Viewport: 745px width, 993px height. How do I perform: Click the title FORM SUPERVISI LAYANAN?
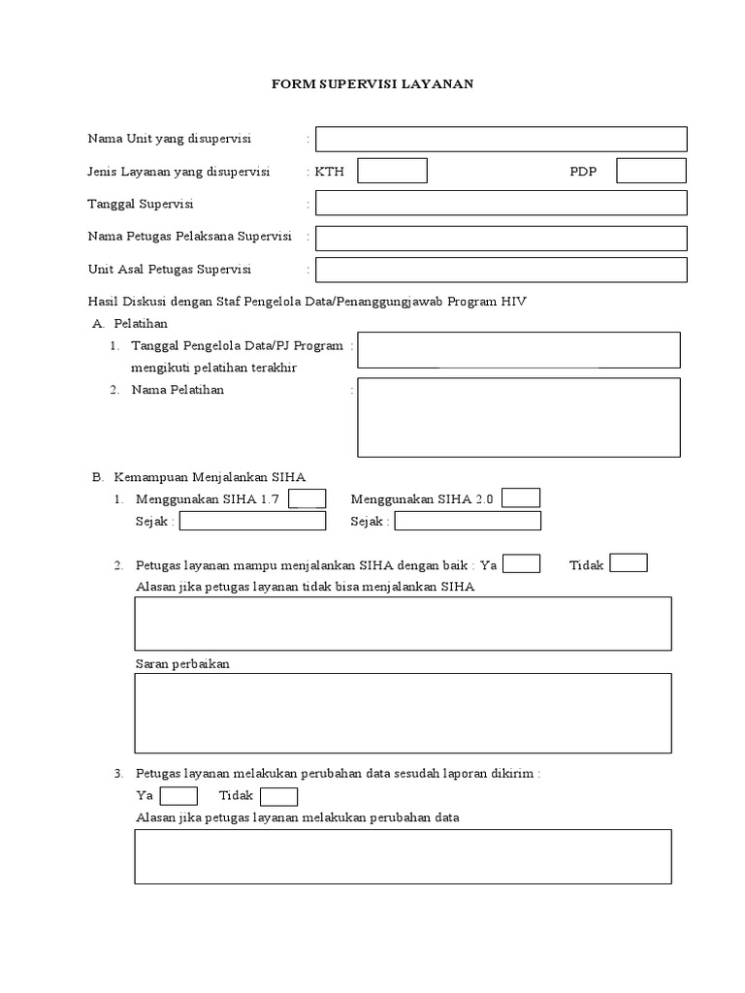coord(372,84)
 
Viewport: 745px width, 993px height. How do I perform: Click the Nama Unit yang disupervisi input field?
coord(501,139)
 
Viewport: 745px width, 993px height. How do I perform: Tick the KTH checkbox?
coord(392,171)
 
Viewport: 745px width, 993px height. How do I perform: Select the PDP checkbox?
coord(651,171)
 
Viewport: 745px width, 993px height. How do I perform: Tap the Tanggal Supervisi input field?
coord(501,203)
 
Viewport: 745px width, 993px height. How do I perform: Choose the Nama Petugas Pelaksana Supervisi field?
coord(501,238)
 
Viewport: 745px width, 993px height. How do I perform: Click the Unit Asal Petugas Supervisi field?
coord(501,269)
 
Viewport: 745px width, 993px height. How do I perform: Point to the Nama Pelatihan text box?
coord(518,417)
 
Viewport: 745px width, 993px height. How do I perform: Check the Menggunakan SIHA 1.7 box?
coord(308,498)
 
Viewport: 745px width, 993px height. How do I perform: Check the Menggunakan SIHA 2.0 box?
coord(521,498)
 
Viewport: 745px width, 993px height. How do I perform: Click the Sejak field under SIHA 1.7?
coord(252,521)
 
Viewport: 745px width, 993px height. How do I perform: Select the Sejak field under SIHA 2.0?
coord(468,521)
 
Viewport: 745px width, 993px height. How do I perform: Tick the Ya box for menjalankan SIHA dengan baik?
coord(522,563)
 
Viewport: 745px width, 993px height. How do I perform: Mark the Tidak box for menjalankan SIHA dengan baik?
coord(628,563)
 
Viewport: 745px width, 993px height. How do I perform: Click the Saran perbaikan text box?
coord(403,713)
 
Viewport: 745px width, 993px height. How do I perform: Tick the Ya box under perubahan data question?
coord(178,796)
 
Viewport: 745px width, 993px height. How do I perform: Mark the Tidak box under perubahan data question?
coord(279,796)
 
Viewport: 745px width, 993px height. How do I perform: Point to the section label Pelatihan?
coord(141,323)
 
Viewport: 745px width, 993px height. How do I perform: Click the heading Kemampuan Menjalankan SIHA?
coord(210,477)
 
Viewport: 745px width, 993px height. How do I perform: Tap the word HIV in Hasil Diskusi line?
coord(513,302)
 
